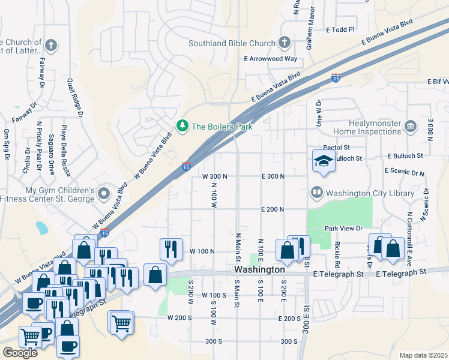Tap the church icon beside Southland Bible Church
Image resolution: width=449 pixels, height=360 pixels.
285,43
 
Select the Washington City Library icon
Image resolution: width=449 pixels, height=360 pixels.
316,193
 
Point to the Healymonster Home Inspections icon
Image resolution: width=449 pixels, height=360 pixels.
411,126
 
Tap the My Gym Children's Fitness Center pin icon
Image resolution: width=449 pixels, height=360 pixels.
104,194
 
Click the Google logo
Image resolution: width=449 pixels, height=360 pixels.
20,353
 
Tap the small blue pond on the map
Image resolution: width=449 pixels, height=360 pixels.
41,228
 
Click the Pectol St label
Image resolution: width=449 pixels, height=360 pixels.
336,147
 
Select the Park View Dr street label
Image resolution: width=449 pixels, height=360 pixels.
344,229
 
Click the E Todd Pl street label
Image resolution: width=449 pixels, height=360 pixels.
341,29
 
